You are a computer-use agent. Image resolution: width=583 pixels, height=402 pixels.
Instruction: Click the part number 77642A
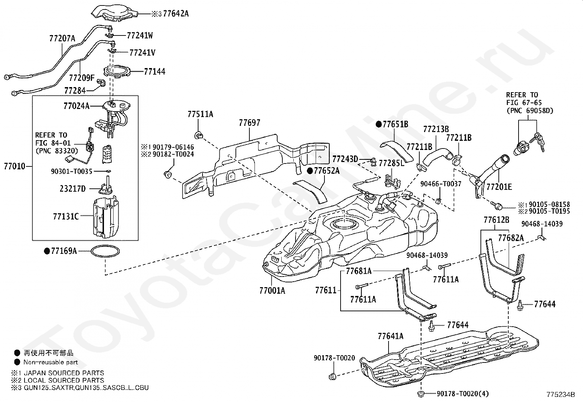pos(176,14)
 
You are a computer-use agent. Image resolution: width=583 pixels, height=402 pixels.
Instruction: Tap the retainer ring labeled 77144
pos(116,71)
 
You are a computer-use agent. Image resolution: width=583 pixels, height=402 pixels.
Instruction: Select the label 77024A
pos(76,106)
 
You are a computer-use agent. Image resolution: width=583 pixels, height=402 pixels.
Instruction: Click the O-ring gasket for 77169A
pos(105,251)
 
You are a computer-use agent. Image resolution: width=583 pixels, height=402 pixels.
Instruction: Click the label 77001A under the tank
pos(272,290)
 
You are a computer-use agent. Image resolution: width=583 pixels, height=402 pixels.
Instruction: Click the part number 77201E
pos(499,187)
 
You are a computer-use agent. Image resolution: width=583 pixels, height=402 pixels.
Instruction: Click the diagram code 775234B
pos(561,395)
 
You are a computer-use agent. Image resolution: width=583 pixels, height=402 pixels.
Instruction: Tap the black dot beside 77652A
pos(309,171)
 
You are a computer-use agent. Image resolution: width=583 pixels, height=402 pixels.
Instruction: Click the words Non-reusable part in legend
pos(51,362)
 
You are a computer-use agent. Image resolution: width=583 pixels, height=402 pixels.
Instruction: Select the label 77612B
pos(496,220)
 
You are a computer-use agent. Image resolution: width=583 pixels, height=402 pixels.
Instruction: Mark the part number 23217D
pos(73,189)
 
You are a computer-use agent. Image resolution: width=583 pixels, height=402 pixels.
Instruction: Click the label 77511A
pos(200,114)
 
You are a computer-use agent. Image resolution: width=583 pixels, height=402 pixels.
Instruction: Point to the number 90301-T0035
pos(71,171)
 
